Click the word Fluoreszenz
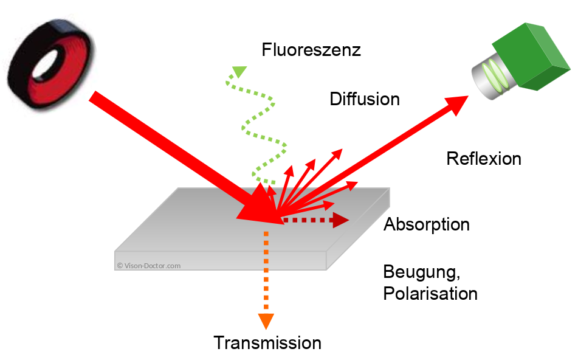pyautogui.click(x=311, y=50)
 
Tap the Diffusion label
pyautogui.click(x=365, y=99)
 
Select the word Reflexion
pyautogui.click(x=483, y=159)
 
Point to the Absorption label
pyautogui.click(x=427, y=224)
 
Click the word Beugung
pyautogui.click(x=419, y=271)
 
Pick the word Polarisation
pyautogui.click(x=430, y=294)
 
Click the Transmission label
pyautogui.click(x=267, y=343)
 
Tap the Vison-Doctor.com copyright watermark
pyautogui.click(x=149, y=265)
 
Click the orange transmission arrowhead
pyautogui.click(x=266, y=320)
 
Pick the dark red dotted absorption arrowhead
pyautogui.click(x=340, y=220)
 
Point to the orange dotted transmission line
pyautogui.click(x=266, y=274)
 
